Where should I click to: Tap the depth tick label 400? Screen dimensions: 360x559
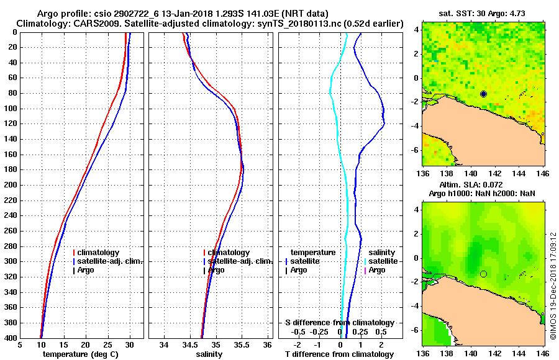click(10, 338)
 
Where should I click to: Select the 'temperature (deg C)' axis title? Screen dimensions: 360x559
click(81, 354)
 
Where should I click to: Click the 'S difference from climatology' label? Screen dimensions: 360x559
click(340, 323)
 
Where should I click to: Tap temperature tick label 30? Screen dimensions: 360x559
click(129, 345)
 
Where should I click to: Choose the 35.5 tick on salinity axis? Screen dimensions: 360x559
click(242, 345)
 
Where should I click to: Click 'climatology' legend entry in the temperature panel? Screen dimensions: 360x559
click(99, 253)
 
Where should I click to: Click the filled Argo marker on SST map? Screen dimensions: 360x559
click(483, 94)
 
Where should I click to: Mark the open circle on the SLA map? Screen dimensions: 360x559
click(483, 274)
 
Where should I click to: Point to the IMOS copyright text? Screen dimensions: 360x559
click(553, 286)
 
